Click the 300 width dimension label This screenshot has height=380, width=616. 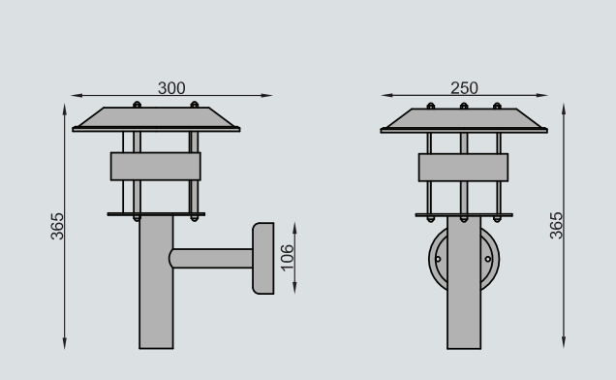[171, 88]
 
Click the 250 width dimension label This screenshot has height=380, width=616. [464, 88]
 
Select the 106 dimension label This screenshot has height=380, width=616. [288, 258]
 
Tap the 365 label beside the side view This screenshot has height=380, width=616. [57, 226]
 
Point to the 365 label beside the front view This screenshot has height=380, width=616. [556, 226]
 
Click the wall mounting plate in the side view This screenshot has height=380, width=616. [263, 259]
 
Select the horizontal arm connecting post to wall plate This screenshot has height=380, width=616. [211, 259]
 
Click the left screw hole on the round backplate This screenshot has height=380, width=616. [438, 259]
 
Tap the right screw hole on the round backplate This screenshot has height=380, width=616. [488, 259]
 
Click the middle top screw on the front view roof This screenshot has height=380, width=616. [464, 107]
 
